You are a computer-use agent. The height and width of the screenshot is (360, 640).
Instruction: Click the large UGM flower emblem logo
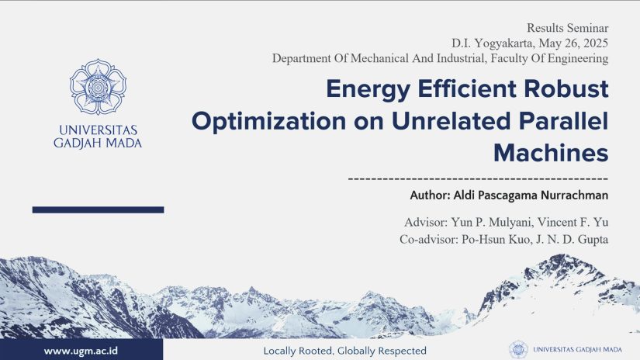tap(98, 87)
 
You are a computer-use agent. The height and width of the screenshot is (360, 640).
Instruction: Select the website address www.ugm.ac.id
tap(81, 351)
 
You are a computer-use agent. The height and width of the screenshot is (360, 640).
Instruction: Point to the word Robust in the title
tap(566, 88)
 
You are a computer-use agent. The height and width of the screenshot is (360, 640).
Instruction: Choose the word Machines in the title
tap(551, 153)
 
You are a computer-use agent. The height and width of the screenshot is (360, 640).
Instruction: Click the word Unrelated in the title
tap(451, 121)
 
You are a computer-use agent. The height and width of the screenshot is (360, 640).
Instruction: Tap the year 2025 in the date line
tap(596, 43)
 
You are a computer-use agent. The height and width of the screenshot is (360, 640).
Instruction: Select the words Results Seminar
tap(567, 28)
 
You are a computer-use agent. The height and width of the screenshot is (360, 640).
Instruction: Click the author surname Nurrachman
tap(574, 195)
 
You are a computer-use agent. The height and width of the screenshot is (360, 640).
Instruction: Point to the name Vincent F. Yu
tap(573, 222)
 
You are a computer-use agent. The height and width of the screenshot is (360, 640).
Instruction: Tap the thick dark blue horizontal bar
tap(98, 209)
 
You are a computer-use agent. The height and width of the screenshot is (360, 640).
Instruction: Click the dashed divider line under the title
tap(478, 178)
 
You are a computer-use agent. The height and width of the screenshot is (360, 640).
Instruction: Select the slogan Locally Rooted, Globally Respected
tap(345, 351)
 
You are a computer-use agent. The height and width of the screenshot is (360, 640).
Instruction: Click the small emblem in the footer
tap(518, 350)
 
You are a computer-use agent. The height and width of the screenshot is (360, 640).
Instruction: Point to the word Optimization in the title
tap(268, 122)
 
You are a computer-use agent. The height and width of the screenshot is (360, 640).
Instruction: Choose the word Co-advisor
tap(428, 239)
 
